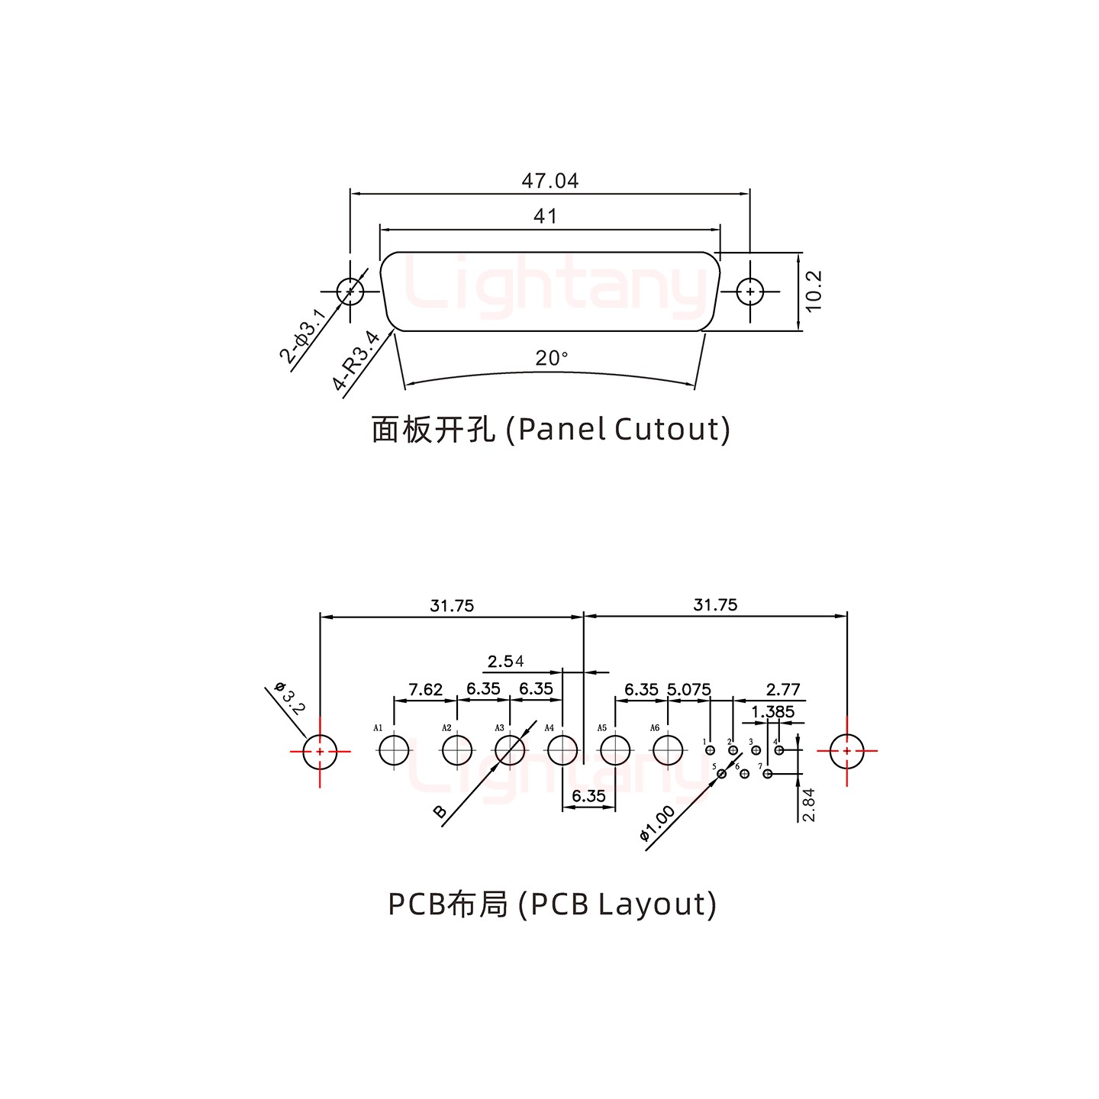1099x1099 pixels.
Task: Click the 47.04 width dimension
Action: point(549,181)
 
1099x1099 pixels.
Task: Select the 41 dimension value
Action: point(545,217)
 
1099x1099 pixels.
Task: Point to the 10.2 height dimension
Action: point(814,291)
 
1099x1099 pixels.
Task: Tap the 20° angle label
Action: point(551,358)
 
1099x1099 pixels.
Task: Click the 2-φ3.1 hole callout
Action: point(301,337)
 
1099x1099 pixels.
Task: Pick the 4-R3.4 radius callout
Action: point(356,360)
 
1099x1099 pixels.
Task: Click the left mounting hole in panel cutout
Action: point(350,292)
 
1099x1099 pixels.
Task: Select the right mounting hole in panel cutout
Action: point(749,292)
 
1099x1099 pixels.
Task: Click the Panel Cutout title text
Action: point(550,430)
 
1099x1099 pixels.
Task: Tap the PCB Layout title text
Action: point(552,904)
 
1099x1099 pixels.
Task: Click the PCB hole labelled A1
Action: point(395,750)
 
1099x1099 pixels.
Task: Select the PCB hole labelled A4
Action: point(562,750)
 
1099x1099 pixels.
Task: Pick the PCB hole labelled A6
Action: point(668,750)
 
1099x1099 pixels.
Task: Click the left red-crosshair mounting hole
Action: point(320,751)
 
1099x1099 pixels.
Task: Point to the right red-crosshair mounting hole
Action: point(847,751)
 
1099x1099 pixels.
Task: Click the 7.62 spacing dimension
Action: point(425,689)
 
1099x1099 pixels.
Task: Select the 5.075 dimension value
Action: point(688,689)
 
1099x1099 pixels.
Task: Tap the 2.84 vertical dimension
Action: point(809,804)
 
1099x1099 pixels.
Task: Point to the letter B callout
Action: point(440,811)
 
